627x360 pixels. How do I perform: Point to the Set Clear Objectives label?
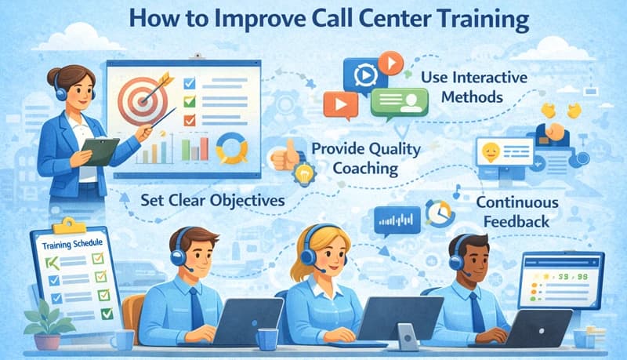[x=213, y=200]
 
